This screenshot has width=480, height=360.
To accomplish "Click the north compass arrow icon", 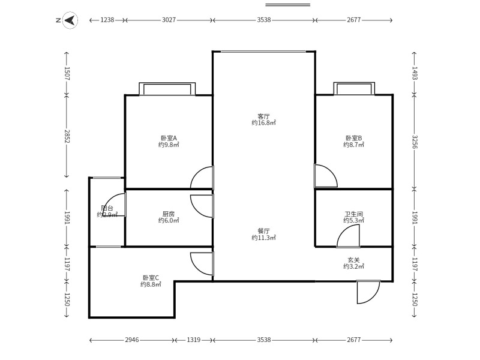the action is [70, 20].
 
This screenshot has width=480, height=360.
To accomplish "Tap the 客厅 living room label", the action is [263, 116].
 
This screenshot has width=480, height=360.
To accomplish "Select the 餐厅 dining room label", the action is [263, 231].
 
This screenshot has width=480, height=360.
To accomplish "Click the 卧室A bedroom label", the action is [169, 139].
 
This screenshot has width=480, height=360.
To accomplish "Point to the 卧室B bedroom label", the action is [353, 139].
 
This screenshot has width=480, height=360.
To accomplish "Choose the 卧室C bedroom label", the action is [151, 278].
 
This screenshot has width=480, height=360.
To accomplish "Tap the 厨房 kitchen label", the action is [169, 214].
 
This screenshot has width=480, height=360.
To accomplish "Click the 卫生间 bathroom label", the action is [353, 214].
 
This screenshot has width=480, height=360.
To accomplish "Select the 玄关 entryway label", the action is [353, 260].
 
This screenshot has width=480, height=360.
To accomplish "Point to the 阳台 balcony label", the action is [107, 208].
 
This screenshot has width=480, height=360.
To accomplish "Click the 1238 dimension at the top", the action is [107, 20].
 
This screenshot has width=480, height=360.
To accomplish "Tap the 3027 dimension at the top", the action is [169, 20].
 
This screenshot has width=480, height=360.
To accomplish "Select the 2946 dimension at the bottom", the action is [132, 340].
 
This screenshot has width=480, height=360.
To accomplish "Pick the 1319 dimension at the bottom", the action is [193, 340].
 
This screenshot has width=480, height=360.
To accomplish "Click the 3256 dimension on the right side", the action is [415, 142].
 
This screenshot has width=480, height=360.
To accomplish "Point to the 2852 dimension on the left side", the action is [67, 137].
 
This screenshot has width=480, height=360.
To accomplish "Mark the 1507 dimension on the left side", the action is [67, 74].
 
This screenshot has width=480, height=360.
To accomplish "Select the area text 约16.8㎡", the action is [263, 123].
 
